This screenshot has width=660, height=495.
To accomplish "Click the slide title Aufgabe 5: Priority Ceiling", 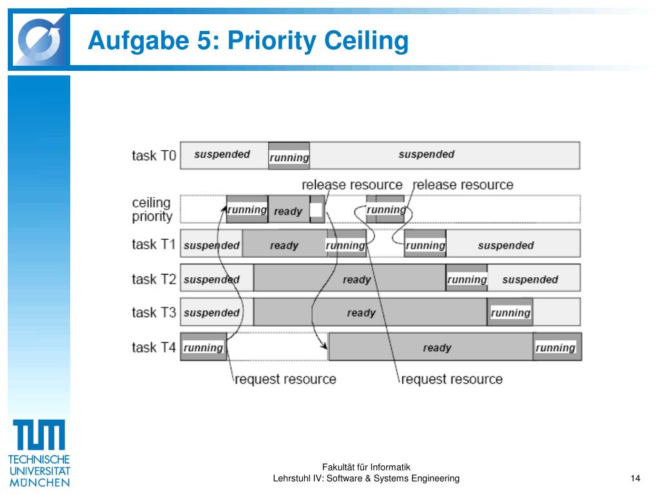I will (248, 41).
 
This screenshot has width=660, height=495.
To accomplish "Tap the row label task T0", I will (153, 155).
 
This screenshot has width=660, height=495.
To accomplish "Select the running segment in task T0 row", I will (289, 156).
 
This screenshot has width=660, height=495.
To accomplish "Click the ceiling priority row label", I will (152, 209).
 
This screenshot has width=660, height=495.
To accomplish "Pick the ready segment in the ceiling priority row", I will (288, 211).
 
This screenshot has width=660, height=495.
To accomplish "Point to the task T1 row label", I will (153, 244).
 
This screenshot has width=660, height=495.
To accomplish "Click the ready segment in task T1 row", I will (284, 245).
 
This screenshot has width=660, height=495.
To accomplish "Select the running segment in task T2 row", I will (467, 278).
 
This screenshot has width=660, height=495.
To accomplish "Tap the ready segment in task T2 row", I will (356, 279).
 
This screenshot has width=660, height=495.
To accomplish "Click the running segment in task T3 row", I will (510, 313).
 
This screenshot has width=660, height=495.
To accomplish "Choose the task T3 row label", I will (153, 313).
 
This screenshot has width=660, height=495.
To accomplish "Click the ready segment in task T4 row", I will (436, 347).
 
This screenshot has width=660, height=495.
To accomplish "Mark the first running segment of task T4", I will (203, 347).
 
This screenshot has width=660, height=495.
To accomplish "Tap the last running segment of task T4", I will (556, 347).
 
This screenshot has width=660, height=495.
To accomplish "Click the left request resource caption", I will (285, 379).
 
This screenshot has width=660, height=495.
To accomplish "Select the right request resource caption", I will (451, 379).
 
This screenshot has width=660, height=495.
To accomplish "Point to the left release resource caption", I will (352, 185).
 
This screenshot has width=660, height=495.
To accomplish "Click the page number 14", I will (636, 478).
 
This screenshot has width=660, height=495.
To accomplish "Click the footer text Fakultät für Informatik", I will (366, 467).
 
